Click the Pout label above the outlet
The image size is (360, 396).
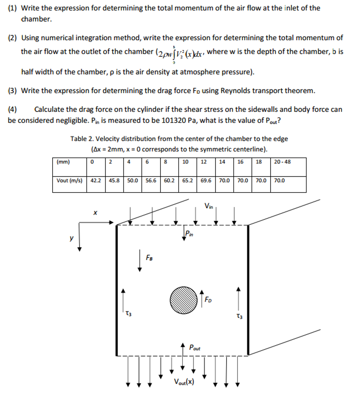(x=195, y=348)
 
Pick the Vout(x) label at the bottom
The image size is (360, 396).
(x=184, y=382)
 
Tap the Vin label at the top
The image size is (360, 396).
(x=209, y=206)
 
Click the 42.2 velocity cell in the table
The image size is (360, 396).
(x=95, y=180)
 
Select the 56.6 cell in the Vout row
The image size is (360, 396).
(x=151, y=180)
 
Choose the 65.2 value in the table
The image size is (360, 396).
(x=188, y=180)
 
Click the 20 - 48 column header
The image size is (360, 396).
(x=282, y=162)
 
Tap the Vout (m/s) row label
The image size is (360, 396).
(x=69, y=180)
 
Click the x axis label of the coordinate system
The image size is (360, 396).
(x=95, y=212)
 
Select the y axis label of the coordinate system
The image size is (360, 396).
(x=71, y=239)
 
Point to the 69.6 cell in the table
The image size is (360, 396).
(x=206, y=180)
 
